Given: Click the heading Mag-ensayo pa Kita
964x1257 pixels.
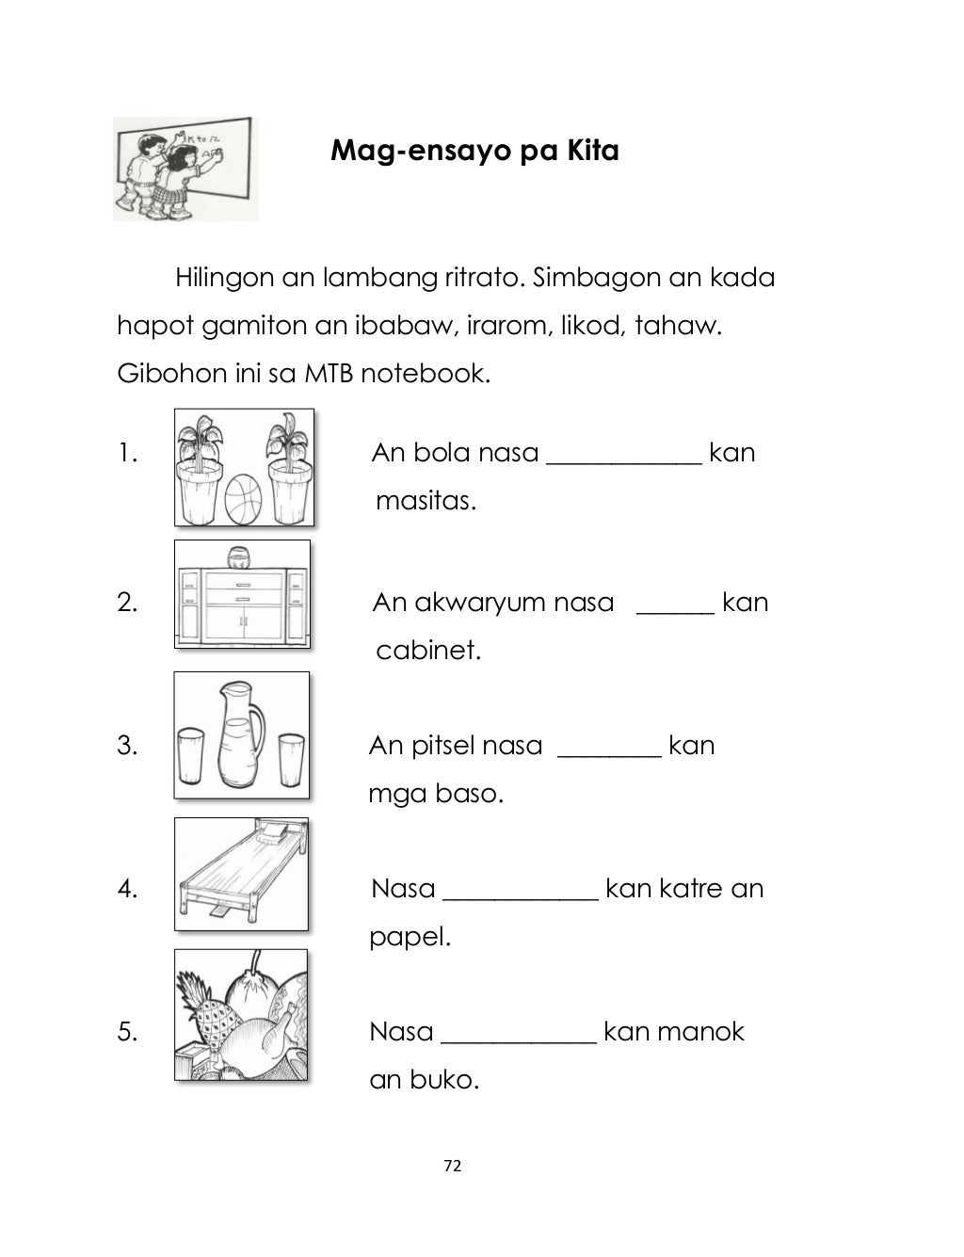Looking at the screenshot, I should pyautogui.click(x=474, y=151).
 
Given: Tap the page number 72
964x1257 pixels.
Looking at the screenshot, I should pyautogui.click(x=452, y=1166).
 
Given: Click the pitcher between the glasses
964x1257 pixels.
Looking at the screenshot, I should pyautogui.click(x=239, y=736).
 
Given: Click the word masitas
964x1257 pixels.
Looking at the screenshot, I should pyautogui.click(x=426, y=501).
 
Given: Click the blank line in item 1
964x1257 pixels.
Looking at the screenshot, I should pyautogui.click(x=623, y=461).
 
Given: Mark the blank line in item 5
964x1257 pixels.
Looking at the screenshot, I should pyautogui.click(x=518, y=1040).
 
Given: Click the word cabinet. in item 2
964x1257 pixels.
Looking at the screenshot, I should pyautogui.click(x=428, y=651).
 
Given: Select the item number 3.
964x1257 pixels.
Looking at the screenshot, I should pyautogui.click(x=127, y=746).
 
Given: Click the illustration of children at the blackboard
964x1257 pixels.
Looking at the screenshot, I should pyautogui.click(x=185, y=169).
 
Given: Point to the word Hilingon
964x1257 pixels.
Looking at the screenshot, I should pyautogui.click(x=223, y=279).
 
